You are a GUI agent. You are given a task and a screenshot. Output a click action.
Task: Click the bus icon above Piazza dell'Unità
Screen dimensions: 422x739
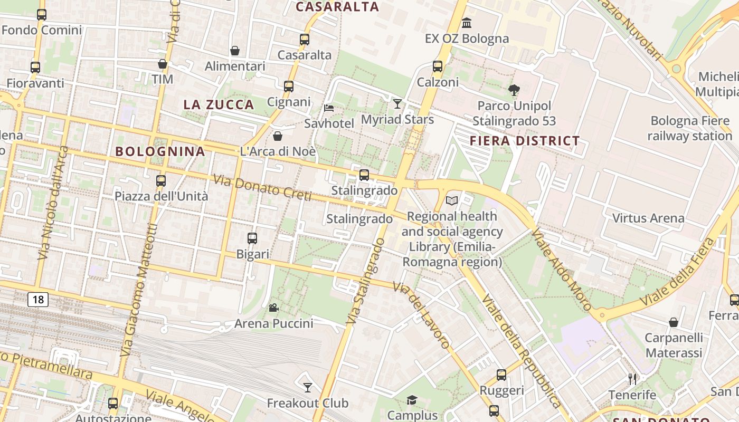point(161,181)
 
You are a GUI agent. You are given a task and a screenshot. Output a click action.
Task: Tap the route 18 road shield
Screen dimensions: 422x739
point(38,300)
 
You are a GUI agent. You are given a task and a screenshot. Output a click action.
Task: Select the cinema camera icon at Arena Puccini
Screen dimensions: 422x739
point(273,308)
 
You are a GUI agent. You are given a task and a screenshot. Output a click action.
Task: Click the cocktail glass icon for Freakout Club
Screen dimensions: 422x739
point(308,388)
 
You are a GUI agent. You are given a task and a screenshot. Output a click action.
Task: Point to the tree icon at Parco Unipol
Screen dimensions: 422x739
point(514,90)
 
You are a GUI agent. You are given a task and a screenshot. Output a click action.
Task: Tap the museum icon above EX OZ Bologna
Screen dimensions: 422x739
point(467,23)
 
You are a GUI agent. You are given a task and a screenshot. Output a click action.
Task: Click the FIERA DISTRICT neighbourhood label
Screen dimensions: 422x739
point(525,141)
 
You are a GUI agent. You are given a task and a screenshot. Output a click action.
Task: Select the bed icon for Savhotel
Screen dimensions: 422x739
point(329,108)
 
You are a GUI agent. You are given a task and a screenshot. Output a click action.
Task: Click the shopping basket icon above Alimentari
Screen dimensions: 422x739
point(235,51)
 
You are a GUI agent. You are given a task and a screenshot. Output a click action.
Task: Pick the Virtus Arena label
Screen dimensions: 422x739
point(648,218)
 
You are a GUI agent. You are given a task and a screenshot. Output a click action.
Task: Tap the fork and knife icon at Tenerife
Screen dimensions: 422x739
point(632,379)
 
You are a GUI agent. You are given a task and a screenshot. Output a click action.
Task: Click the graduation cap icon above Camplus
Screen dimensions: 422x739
point(412,400)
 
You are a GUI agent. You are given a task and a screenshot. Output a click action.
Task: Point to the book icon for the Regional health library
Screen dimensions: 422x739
point(452,200)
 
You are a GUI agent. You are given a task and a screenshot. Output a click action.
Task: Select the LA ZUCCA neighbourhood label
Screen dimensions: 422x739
point(219,104)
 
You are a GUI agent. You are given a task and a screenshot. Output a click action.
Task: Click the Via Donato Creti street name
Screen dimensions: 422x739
point(262,188)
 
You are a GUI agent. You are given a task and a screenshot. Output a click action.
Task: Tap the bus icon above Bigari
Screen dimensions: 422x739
point(252,238)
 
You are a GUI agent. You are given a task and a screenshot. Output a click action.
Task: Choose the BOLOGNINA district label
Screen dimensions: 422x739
point(160,151)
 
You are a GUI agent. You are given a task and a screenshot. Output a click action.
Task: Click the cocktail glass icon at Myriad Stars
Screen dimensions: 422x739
point(397,103)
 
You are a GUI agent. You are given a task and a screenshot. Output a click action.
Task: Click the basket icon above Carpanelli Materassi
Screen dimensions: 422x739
point(674,322)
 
